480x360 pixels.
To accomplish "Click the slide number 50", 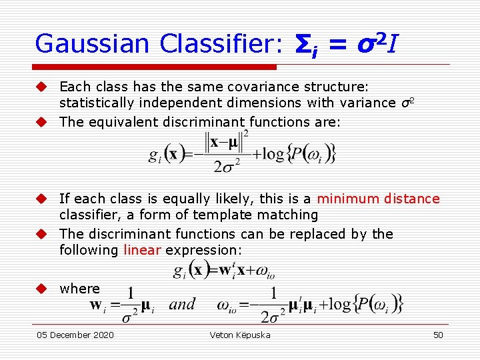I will [438, 335].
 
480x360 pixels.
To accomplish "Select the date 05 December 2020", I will [75, 335].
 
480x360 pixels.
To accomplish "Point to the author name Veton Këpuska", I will [240, 335].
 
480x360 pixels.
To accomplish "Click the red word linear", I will [142, 250].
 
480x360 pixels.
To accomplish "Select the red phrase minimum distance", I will [378, 199].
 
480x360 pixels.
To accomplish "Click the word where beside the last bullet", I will [79, 289].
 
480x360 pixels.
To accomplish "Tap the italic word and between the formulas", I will [183, 305].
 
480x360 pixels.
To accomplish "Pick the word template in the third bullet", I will [221, 215].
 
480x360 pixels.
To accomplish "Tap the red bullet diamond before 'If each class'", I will [41, 199].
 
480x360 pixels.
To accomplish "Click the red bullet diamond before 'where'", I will [41, 289].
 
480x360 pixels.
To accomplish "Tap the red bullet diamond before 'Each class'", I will [41, 87].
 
